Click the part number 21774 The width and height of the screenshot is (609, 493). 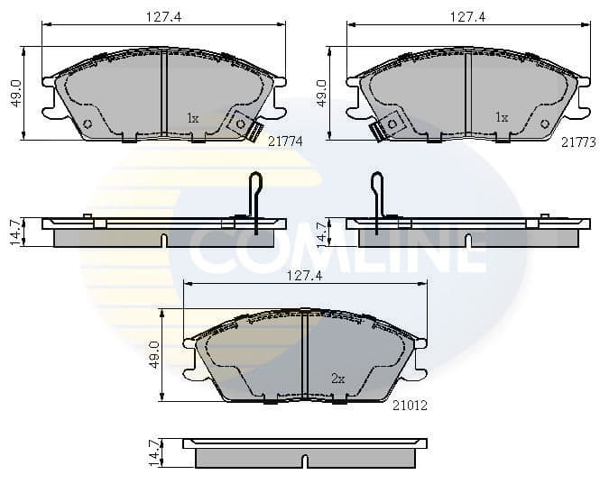[285, 142]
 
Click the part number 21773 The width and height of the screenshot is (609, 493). [578, 142]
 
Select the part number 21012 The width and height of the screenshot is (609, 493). [410, 406]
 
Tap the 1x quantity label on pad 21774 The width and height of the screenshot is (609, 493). [193, 118]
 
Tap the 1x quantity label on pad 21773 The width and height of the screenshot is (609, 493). [502, 117]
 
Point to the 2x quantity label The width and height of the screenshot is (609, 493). [338, 379]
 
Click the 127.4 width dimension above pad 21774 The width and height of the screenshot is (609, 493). [163, 17]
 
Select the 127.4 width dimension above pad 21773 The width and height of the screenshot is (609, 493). [467, 17]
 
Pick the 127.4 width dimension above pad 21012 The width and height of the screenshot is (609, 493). [305, 276]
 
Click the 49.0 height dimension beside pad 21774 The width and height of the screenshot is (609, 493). [17, 94]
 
